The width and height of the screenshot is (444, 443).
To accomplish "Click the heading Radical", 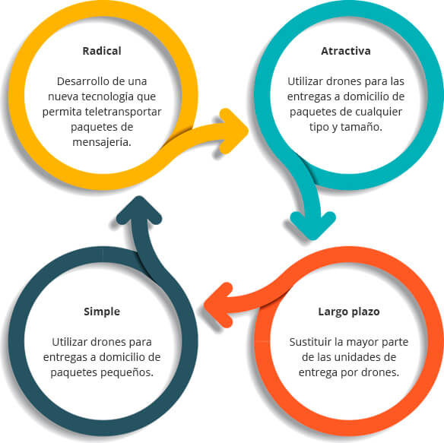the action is tap(102, 51).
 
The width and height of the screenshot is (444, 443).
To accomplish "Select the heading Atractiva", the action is tap(346, 51).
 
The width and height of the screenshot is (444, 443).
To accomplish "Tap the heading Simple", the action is tap(102, 312).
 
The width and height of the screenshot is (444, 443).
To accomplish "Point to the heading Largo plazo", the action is tap(349, 312).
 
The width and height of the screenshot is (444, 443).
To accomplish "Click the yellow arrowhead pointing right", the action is tap(233, 131).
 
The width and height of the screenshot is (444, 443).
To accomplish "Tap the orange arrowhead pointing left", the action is tap(219, 305).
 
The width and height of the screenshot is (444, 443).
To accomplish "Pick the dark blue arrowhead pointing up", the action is tap(139, 210).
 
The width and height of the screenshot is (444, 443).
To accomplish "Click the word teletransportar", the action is tap(123, 112).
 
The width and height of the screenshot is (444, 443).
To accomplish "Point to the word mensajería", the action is tap(102, 142).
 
